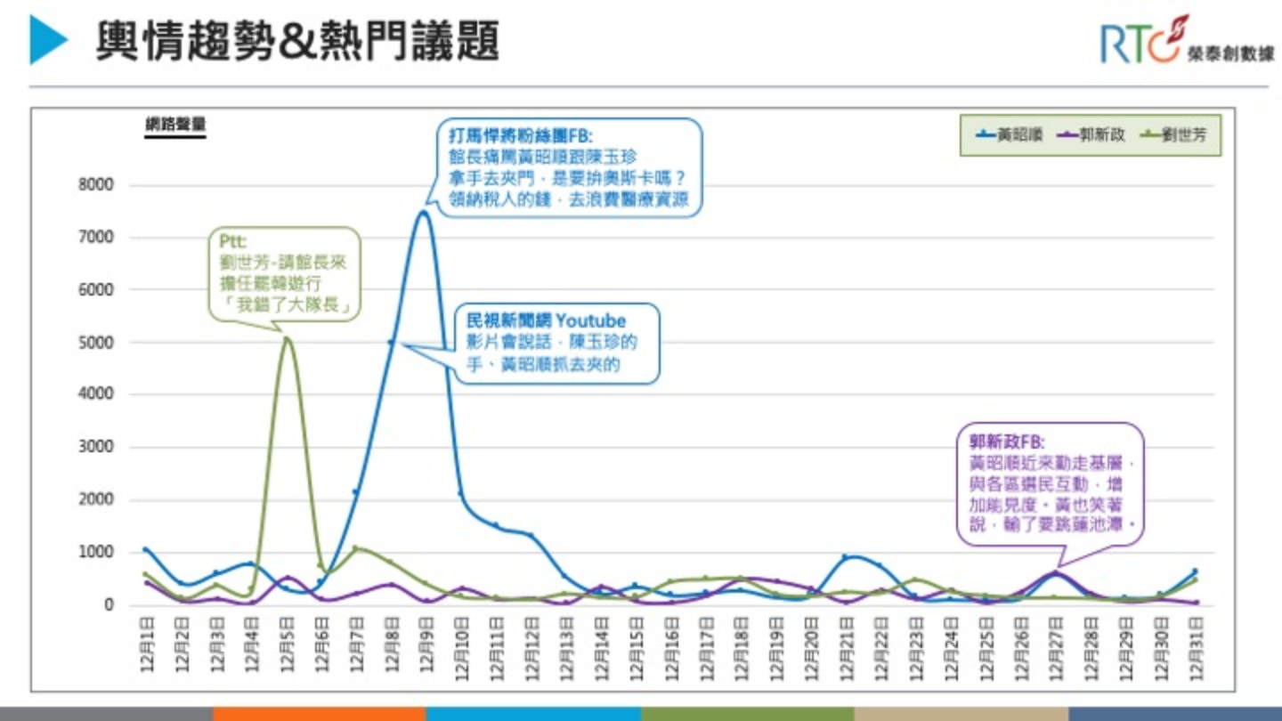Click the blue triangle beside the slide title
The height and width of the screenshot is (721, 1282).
coord(48,40)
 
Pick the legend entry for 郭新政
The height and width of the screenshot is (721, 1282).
coord(1091,135)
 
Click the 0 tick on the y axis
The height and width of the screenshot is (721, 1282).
coord(109,605)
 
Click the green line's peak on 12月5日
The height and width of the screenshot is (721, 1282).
coord(286,338)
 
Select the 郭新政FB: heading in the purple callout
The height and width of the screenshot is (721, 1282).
coord(1006,442)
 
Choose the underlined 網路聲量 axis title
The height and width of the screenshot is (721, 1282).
coord(175,125)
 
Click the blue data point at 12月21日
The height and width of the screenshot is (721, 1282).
coord(845,557)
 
